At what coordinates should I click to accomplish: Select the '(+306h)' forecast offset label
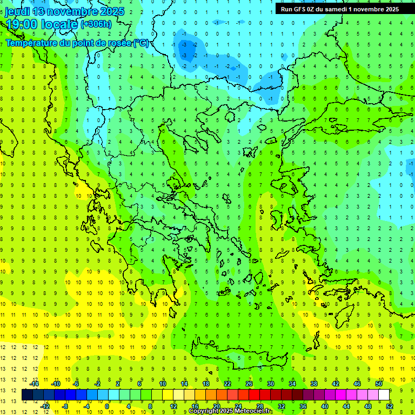click(x=96, y=24)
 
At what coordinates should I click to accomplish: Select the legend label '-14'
click(x=35, y=384)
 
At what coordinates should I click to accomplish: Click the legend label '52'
click(x=390, y=406)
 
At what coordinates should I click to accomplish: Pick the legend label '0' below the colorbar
click(x=107, y=406)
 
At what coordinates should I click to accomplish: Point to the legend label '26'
click(x=249, y=384)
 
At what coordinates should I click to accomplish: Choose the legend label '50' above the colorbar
click(x=378, y=384)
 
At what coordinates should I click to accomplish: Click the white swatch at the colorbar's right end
click(x=384, y=395)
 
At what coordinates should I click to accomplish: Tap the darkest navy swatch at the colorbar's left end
click(x=27, y=395)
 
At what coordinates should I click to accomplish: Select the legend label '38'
click(x=313, y=384)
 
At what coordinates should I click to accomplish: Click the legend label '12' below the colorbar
click(x=173, y=406)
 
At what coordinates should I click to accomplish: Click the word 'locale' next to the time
click(x=61, y=24)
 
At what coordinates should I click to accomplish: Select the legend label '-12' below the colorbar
click(x=45, y=406)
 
